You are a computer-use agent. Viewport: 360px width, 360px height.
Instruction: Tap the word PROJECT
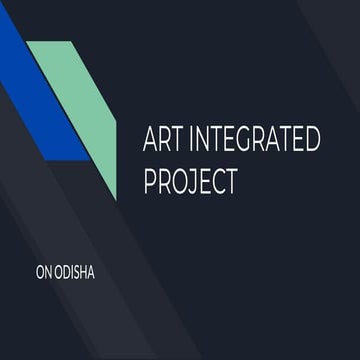point(193,181)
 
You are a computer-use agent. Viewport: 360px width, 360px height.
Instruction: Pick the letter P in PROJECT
point(152,181)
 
